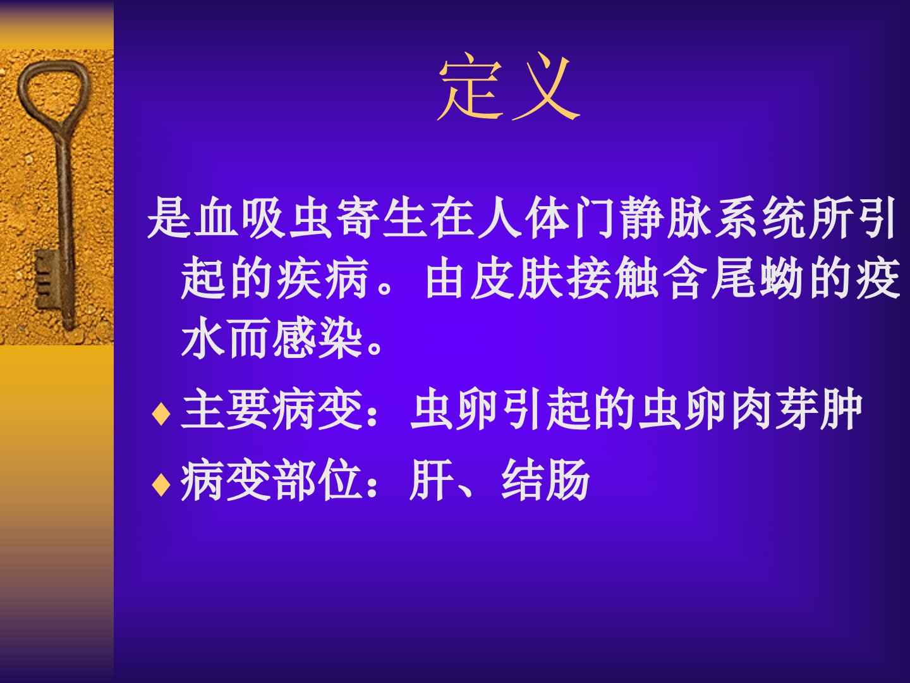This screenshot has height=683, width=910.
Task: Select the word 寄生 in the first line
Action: pos(383,218)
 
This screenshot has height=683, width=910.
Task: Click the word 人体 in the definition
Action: pos(525,218)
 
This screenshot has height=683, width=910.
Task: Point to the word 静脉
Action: pos(666,218)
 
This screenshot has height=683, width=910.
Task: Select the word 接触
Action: pos(613,278)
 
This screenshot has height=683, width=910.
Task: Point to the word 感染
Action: pos(318,338)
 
